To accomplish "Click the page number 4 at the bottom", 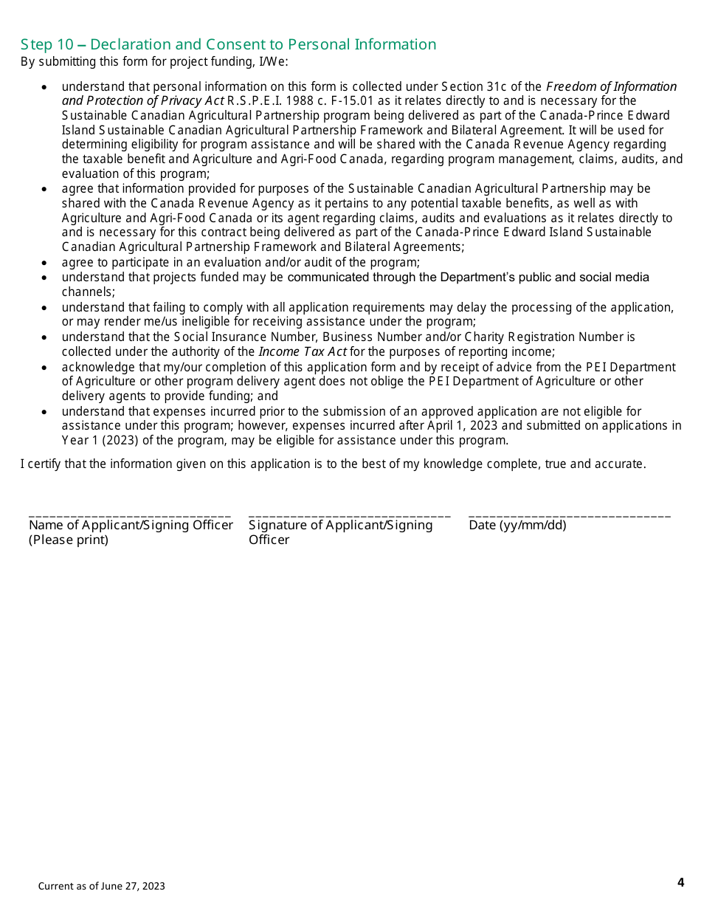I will pyautogui.click(x=680, y=882).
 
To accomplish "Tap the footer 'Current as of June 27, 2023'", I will pyautogui.click(x=102, y=886).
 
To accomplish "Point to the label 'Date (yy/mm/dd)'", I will pyautogui.click(x=517, y=526).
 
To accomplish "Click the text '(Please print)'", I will pyautogui.click(x=69, y=540).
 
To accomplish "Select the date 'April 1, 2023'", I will pyautogui.click(x=463, y=426).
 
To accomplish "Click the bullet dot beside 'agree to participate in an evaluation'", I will pyautogui.click(x=45, y=263).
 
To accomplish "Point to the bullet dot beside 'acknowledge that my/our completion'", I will pyautogui.click(x=45, y=368).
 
